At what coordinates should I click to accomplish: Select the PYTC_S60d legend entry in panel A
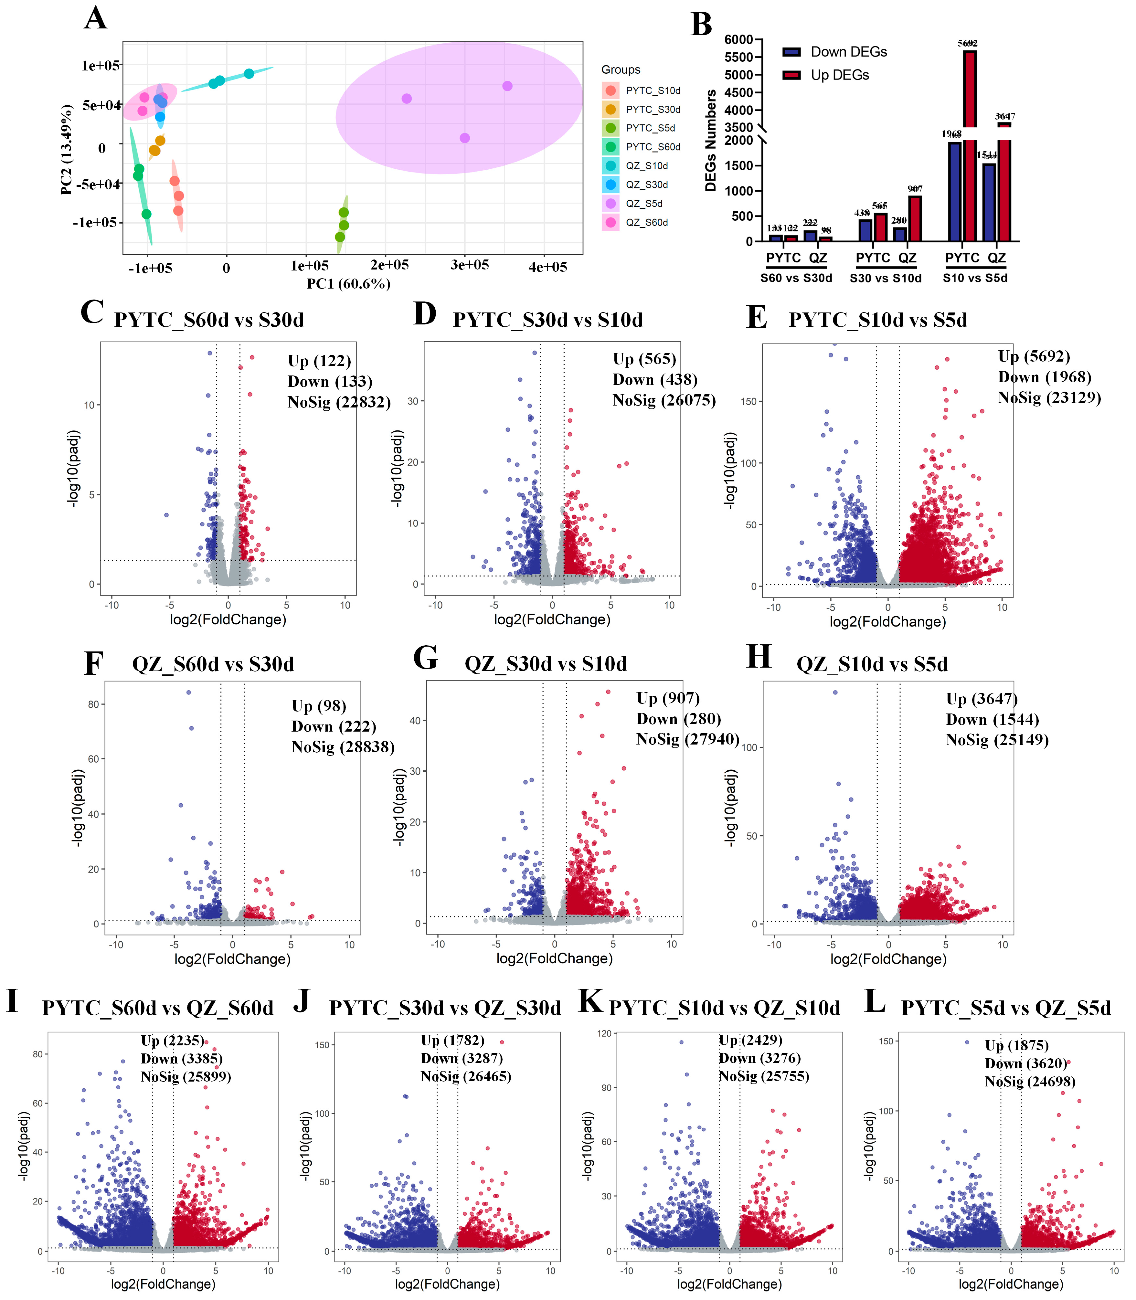652,147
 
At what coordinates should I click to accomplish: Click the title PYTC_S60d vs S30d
208,320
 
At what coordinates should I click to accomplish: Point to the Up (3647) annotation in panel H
981,699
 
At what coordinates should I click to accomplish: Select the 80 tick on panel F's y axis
93,704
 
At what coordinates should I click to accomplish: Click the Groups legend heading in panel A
621,70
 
